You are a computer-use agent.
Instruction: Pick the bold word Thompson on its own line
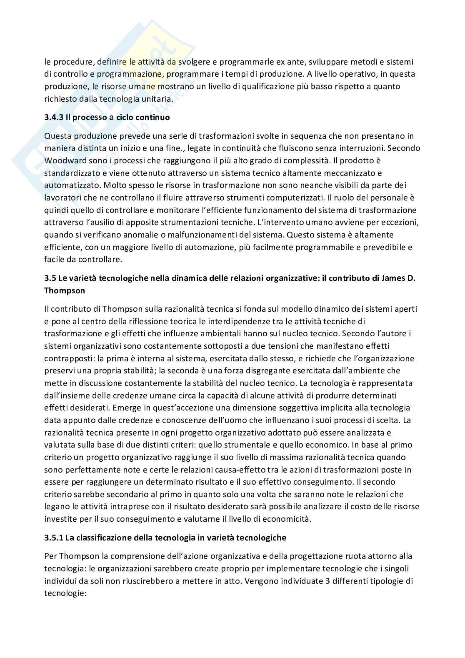64,291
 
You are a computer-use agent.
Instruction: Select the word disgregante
265,371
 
